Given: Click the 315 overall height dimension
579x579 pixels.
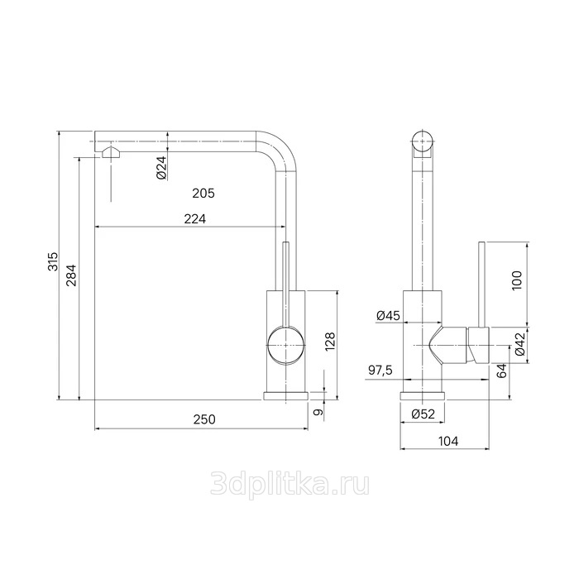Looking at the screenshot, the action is point(53,261).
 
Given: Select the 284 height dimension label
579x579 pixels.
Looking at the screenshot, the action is point(71,275).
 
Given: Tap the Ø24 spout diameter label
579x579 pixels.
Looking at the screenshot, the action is point(162,168).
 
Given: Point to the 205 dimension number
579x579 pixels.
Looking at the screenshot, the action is point(203,193).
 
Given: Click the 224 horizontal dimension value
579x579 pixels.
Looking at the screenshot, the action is point(195,219).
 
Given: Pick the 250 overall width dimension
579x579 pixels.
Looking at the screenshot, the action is point(204,419).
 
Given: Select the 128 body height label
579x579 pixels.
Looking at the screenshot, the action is point(329,341).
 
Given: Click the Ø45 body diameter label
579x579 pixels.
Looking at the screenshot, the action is point(388,316).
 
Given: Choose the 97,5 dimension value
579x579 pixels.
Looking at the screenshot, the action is point(380,371).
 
